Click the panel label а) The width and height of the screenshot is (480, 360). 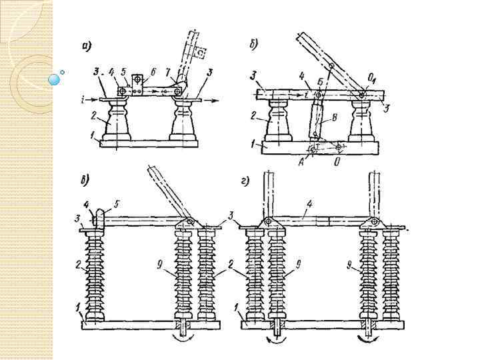pyautogui.click(x=87, y=46)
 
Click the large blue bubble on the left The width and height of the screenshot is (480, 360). pyautogui.click(x=54, y=79)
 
